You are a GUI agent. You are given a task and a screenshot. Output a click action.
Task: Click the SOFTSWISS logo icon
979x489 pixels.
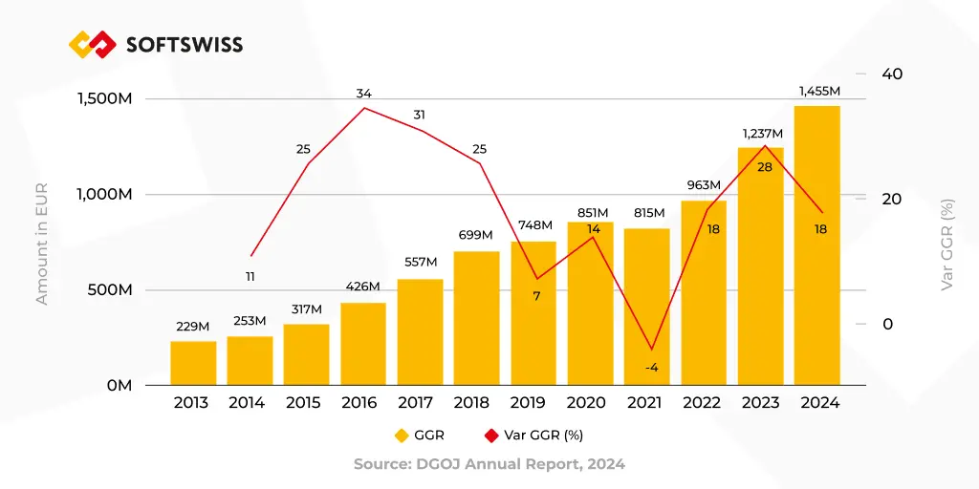[x=92, y=44]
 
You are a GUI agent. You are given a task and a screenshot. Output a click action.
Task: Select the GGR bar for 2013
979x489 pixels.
[x=193, y=363]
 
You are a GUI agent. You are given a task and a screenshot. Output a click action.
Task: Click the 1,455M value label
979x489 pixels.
[x=819, y=92]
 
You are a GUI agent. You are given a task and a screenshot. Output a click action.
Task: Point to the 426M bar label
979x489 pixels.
[x=362, y=287]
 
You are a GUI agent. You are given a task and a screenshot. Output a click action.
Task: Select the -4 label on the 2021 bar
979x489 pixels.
[x=651, y=368]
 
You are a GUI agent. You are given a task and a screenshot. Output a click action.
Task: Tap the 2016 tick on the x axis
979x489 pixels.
[x=359, y=403]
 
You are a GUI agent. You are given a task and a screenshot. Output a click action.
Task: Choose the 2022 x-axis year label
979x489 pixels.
[x=702, y=403]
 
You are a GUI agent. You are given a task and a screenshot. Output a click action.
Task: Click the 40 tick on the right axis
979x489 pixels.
[x=891, y=74]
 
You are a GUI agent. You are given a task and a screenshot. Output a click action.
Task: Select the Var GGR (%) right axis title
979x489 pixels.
[x=946, y=244]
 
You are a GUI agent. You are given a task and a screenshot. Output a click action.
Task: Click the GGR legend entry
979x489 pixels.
[x=420, y=436]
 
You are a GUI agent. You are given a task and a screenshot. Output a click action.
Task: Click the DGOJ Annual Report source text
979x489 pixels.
[x=489, y=464]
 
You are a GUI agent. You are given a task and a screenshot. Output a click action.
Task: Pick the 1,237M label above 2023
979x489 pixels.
[x=762, y=134]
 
